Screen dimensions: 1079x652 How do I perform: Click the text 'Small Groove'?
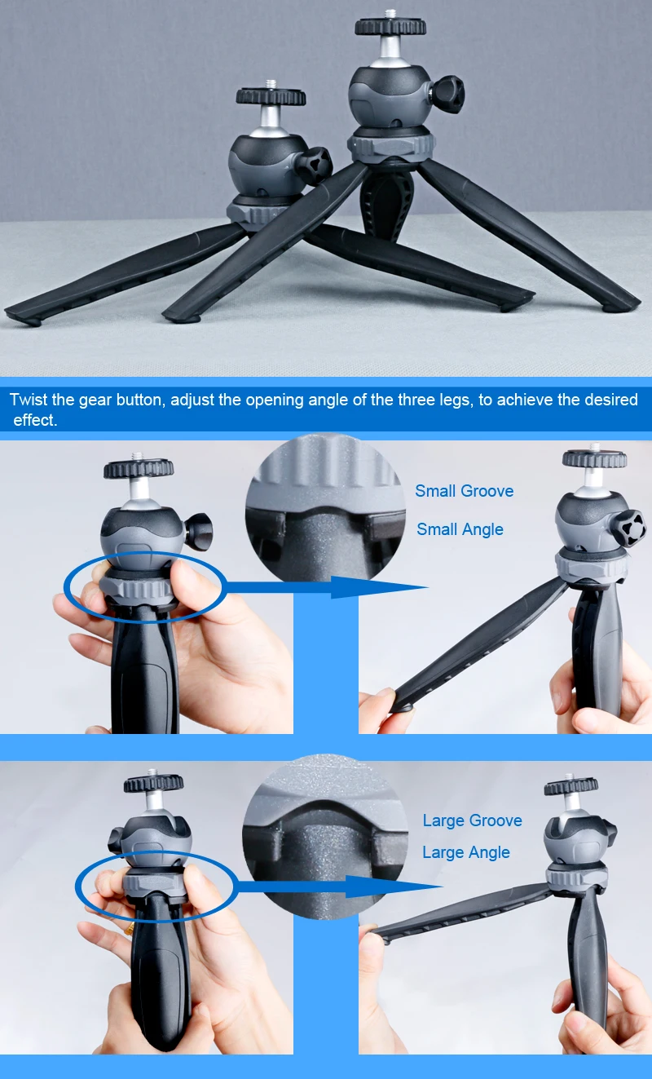click(464, 491)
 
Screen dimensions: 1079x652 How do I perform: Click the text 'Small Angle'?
click(460, 529)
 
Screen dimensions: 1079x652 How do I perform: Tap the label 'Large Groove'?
click(472, 820)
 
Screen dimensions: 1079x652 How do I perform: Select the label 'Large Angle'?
click(465, 852)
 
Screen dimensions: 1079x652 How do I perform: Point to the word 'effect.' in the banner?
click(35, 421)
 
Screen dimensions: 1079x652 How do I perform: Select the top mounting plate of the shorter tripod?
click(271, 96)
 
